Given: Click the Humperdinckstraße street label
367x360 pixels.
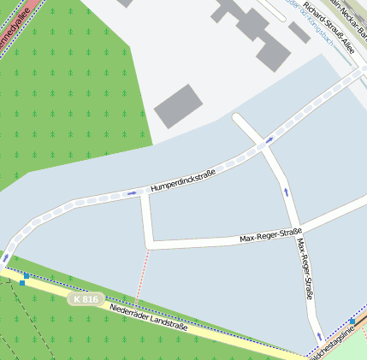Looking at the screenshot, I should coord(182,180).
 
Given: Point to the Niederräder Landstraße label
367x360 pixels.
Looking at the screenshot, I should coord(149,314).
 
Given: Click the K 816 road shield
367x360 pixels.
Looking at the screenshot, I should coord(86,299).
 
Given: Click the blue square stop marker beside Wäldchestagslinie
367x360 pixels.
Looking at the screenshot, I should coord(352,322).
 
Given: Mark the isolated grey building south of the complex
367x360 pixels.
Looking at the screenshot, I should coord(178,106).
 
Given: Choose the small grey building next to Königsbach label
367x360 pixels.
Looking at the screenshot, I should coord(299,32).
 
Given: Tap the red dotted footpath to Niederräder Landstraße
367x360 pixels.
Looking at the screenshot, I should coord(140,274).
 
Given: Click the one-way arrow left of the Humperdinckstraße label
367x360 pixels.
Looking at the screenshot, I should coord(131,193).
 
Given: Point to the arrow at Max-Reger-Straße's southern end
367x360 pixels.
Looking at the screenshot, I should coord(319,336).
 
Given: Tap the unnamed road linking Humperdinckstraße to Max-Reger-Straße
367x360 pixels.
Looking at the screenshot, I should coord(147,219).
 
